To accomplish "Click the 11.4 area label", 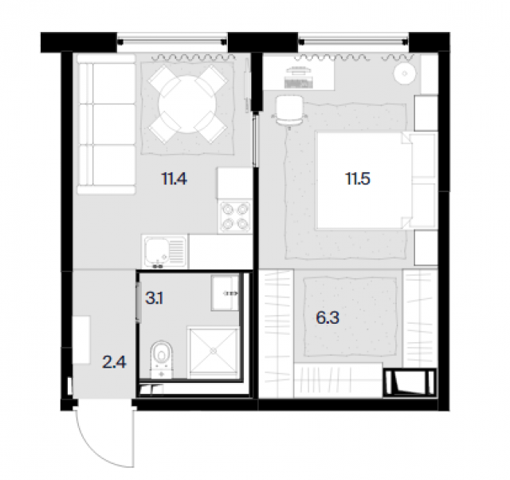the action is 174,179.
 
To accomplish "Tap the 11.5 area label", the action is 358,179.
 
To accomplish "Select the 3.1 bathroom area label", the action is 154,297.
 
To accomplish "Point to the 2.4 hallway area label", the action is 114,362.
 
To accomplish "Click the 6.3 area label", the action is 328,317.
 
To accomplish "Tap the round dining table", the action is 187,104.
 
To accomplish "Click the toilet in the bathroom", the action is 162,360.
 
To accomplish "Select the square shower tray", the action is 214,352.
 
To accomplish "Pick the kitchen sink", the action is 165,252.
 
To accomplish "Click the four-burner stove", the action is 235,216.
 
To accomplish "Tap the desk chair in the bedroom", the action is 289,111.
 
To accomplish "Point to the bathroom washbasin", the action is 225,293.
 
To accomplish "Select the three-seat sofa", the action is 106,124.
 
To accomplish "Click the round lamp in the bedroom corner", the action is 405,73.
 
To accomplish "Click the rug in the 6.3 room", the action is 351,317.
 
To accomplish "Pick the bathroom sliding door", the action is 139,302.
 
